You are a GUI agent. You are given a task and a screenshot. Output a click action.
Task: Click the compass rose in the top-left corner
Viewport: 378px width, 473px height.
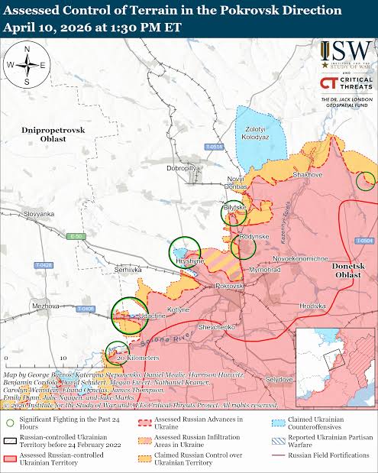click(x=27, y=65)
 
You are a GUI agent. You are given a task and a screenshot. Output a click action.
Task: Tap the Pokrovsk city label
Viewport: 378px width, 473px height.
click(x=229, y=285)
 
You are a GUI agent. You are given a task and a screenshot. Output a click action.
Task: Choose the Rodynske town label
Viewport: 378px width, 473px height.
click(x=254, y=237)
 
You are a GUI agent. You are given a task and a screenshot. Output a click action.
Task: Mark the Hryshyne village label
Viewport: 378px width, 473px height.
click(x=190, y=261)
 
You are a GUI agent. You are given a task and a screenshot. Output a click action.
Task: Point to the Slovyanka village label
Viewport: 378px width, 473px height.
click(x=39, y=214)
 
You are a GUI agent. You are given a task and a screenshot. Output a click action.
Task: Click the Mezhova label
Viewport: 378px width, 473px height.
click(x=45, y=306)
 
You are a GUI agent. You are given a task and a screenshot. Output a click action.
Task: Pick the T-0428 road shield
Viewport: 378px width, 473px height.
click(x=44, y=264)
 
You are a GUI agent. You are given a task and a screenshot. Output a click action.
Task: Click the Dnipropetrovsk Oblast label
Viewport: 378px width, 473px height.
click(x=53, y=134)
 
